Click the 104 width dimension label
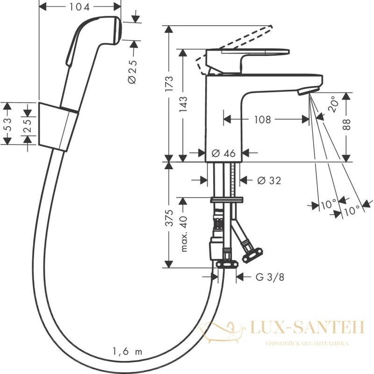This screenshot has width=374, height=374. [79, 7]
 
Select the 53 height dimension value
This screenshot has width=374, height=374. [8, 124]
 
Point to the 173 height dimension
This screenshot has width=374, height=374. [169, 84]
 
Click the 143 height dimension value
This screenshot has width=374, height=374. [183, 104]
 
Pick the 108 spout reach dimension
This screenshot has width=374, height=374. [262, 120]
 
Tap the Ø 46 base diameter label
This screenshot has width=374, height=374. [223, 153]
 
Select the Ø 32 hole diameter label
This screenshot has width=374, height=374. [269, 180]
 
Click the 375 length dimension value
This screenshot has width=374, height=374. [169, 218]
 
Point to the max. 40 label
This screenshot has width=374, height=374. [184, 234]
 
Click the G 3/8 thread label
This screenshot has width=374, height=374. [270, 277]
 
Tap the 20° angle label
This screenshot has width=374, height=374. [333, 104]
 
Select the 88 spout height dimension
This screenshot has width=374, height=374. [346, 124]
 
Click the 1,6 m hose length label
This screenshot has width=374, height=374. [127, 352]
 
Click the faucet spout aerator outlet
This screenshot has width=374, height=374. [308, 91]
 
